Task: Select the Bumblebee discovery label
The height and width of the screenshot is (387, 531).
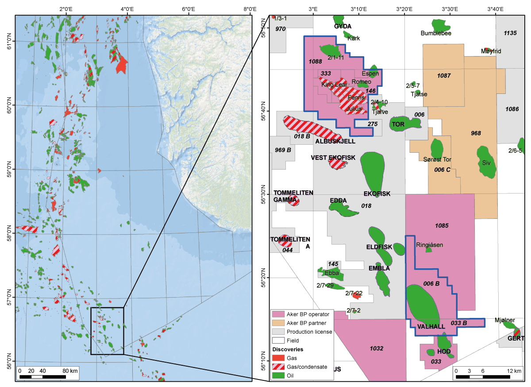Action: tap(436, 33)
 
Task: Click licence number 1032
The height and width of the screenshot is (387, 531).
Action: tap(376, 348)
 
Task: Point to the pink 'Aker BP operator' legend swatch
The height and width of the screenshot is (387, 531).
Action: tap(278, 314)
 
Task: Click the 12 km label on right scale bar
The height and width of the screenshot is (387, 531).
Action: tap(515, 371)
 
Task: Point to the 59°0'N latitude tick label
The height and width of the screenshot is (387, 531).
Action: tap(8, 169)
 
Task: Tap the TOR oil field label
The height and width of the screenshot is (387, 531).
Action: tap(398, 124)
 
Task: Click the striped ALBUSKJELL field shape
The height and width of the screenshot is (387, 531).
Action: tap(312, 127)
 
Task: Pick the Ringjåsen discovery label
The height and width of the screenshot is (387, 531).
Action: tap(429, 245)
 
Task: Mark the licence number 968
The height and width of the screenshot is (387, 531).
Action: tap(476, 133)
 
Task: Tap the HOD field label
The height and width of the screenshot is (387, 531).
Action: tap(443, 351)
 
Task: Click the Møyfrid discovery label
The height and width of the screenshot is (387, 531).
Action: tap(491, 51)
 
